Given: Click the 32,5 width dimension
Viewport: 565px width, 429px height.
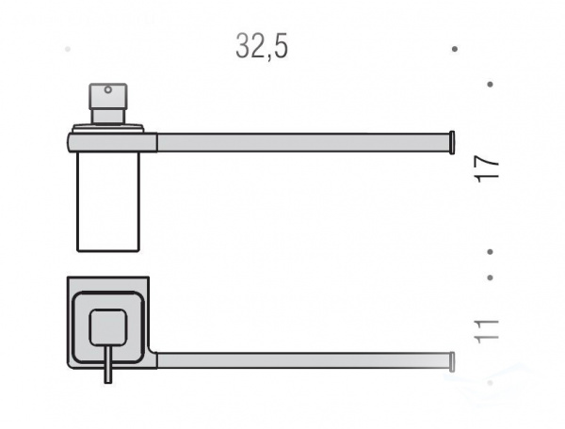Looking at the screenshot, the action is (x=262, y=46).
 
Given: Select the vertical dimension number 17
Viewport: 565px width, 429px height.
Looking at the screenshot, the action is (x=487, y=168).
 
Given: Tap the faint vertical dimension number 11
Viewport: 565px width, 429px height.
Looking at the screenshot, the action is (x=487, y=331).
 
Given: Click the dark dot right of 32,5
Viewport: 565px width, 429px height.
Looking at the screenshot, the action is (x=455, y=49).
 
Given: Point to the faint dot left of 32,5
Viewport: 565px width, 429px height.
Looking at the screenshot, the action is (x=68, y=49).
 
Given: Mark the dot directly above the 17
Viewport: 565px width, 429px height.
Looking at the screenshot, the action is (x=490, y=85).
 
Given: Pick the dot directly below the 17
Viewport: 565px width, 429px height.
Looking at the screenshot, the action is (x=490, y=252).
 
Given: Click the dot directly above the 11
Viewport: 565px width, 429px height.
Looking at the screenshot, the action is (x=490, y=278).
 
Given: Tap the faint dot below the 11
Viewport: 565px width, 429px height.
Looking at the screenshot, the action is (x=490, y=383).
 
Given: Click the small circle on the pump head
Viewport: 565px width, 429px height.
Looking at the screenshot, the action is (x=107, y=89).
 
